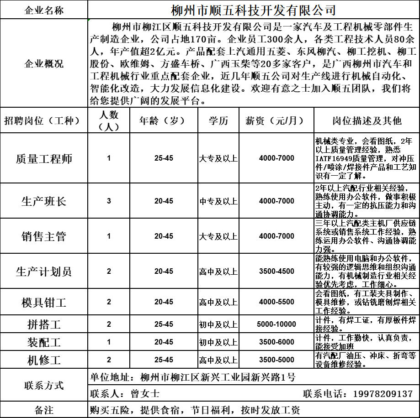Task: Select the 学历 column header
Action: tap(218, 121)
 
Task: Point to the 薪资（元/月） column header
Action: tap(276, 121)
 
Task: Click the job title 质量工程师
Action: tap(44, 159)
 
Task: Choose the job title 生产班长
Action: tap(44, 201)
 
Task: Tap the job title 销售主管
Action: tap(44, 236)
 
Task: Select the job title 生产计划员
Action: tap(44, 272)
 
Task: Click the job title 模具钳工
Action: tap(44, 302)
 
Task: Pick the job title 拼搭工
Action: tap(44, 324)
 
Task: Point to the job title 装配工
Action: tap(44, 342)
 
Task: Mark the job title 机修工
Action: tap(44, 360)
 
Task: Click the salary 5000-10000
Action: tap(276, 324)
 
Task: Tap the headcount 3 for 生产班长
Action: tap(109, 201)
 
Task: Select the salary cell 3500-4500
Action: tap(276, 272)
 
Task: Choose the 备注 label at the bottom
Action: tap(44, 410)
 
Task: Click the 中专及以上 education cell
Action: tap(218, 201)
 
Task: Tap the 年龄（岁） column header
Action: tap(162, 121)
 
